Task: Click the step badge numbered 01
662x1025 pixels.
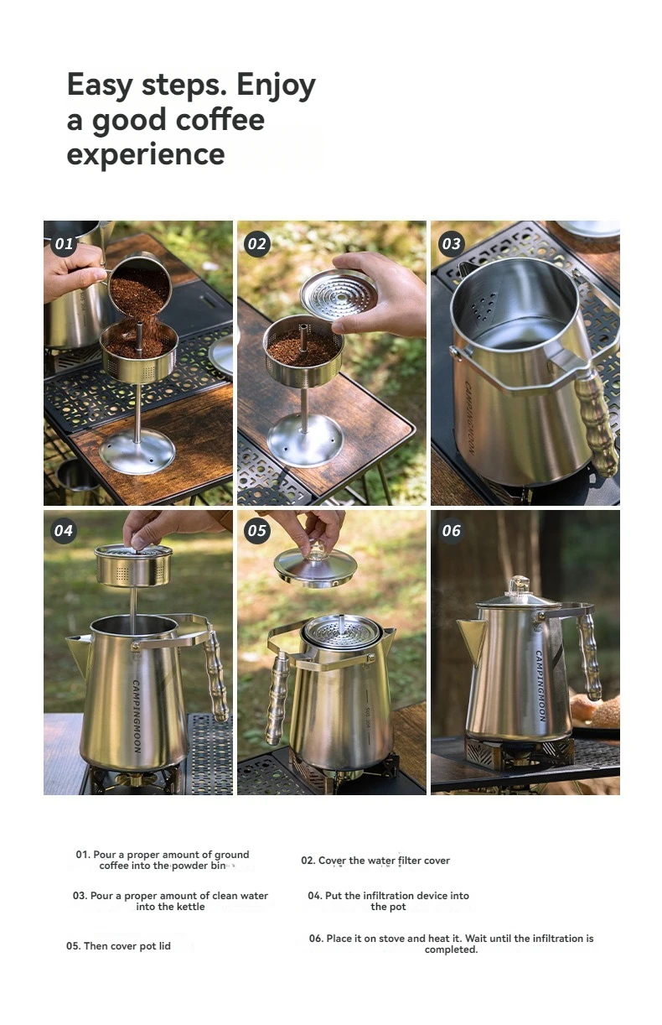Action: (x=64, y=243)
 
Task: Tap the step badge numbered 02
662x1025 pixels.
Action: (x=257, y=244)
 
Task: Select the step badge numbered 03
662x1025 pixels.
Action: (x=451, y=243)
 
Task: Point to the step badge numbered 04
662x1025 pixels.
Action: (x=64, y=530)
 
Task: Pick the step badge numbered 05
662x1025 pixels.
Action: (x=257, y=530)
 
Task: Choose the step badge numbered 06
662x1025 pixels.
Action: (x=451, y=530)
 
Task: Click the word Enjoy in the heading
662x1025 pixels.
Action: (x=276, y=86)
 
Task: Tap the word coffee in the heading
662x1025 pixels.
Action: (x=220, y=119)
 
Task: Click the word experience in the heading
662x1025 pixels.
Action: (x=146, y=155)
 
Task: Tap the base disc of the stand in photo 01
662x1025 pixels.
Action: (x=137, y=452)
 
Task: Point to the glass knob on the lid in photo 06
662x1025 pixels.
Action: (x=520, y=586)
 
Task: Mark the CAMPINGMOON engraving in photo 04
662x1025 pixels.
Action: (x=137, y=716)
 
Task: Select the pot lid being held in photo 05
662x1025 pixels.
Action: (x=315, y=566)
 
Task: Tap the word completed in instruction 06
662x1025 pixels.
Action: (x=451, y=950)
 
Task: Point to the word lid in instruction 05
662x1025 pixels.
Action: (x=164, y=946)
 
